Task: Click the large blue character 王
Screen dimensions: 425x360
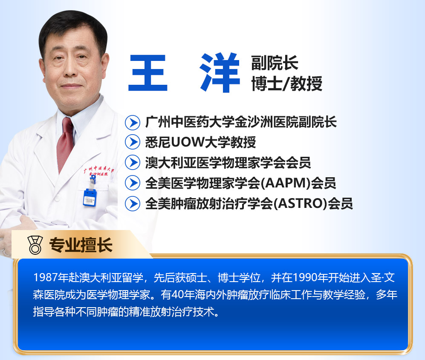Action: (x=148, y=72)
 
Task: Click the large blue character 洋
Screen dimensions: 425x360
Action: (x=220, y=72)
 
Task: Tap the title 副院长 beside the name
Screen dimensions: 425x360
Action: (x=275, y=63)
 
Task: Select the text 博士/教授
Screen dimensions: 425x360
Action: (x=287, y=84)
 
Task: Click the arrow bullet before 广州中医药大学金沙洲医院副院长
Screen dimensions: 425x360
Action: (x=133, y=122)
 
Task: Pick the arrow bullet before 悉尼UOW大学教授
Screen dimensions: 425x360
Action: (x=133, y=142)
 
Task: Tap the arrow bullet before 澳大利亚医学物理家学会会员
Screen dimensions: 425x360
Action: (x=133, y=162)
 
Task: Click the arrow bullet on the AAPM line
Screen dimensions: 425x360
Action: (x=133, y=183)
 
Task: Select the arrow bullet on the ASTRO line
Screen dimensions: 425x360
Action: (x=133, y=203)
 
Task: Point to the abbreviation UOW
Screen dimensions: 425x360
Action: (x=188, y=142)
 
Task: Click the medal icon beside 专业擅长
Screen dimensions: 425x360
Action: (x=35, y=245)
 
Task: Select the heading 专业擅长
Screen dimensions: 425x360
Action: (x=81, y=245)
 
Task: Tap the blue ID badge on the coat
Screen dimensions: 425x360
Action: (x=90, y=198)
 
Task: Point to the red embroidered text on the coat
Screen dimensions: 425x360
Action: (x=99, y=171)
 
